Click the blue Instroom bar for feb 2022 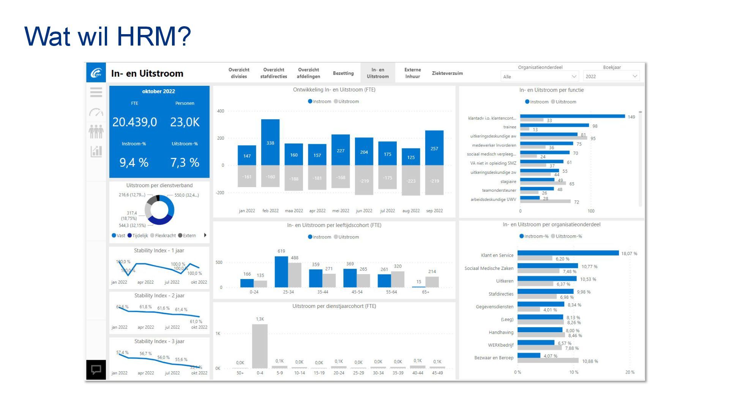[270, 142]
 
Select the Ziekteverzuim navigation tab [447, 73]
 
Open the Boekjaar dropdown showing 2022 [611, 76]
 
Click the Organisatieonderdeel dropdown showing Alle [540, 77]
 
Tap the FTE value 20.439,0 [134, 122]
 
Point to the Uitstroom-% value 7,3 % [185, 162]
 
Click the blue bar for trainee [554, 125]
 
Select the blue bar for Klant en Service [568, 253]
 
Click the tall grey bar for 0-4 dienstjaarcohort [260, 346]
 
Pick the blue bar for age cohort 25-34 [281, 272]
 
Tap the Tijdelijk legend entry [138, 236]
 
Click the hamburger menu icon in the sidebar [96, 92]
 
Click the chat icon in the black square [96, 369]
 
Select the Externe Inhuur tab [412, 73]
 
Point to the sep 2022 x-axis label [434, 211]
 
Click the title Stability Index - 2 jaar [159, 296]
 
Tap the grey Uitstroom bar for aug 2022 [411, 180]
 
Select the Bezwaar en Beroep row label [494, 358]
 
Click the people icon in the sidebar [96, 132]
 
